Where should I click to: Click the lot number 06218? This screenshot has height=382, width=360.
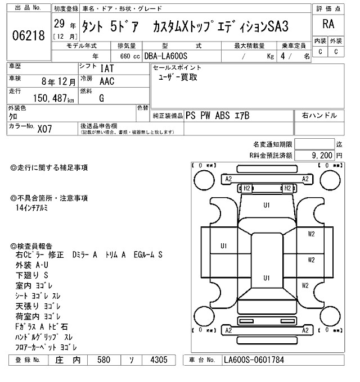pyautogui.click(x=28, y=35)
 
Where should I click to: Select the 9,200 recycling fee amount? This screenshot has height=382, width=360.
pyautogui.click(x=321, y=155)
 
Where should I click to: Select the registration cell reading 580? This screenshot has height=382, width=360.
pyautogui.click(x=103, y=359)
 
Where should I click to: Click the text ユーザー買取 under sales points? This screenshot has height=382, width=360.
pyautogui.click(x=178, y=78)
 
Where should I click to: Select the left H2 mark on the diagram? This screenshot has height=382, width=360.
pyautogui.click(x=246, y=188)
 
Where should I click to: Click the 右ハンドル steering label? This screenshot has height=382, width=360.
pyautogui.click(x=319, y=116)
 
